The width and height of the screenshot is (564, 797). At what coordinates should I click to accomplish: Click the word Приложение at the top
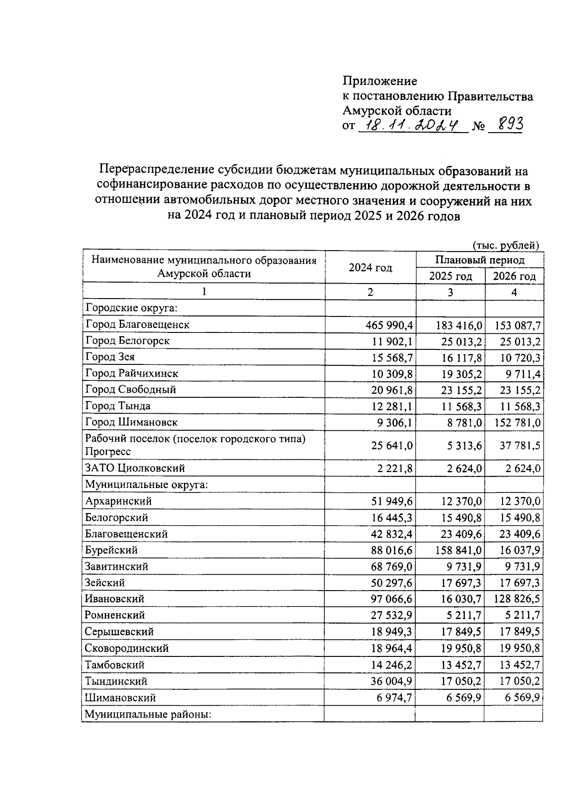tap(380, 81)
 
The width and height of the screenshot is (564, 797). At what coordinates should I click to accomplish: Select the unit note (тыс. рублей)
tap(505, 245)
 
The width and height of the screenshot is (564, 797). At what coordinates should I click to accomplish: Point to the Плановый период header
tap(479, 260)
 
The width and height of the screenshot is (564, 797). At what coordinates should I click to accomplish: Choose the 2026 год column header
tap(514, 276)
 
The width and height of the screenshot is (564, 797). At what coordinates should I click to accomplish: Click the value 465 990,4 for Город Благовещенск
tap(390, 324)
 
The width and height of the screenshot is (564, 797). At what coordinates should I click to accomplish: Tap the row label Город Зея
tap(110, 357)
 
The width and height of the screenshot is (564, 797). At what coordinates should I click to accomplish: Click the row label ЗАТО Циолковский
tap(135, 468)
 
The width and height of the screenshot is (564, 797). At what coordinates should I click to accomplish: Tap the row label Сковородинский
tap(127, 648)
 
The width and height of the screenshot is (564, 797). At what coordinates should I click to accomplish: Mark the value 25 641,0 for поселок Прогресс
tap(392, 445)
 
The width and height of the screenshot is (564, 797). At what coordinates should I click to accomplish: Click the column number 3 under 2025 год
tap(450, 292)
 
